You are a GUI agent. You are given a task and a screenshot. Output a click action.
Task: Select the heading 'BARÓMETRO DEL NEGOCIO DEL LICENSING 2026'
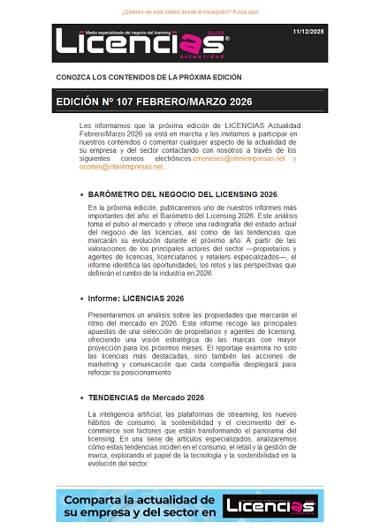183,193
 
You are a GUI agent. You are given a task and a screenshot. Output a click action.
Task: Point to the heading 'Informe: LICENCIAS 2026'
136,299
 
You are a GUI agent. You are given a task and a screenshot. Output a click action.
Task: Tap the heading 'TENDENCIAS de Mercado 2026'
147,398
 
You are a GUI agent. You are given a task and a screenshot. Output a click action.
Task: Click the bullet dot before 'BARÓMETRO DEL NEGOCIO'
82,193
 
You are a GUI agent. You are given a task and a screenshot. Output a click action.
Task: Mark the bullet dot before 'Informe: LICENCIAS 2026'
82,299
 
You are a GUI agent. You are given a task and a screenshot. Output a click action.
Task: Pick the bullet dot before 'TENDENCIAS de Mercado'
82,398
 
